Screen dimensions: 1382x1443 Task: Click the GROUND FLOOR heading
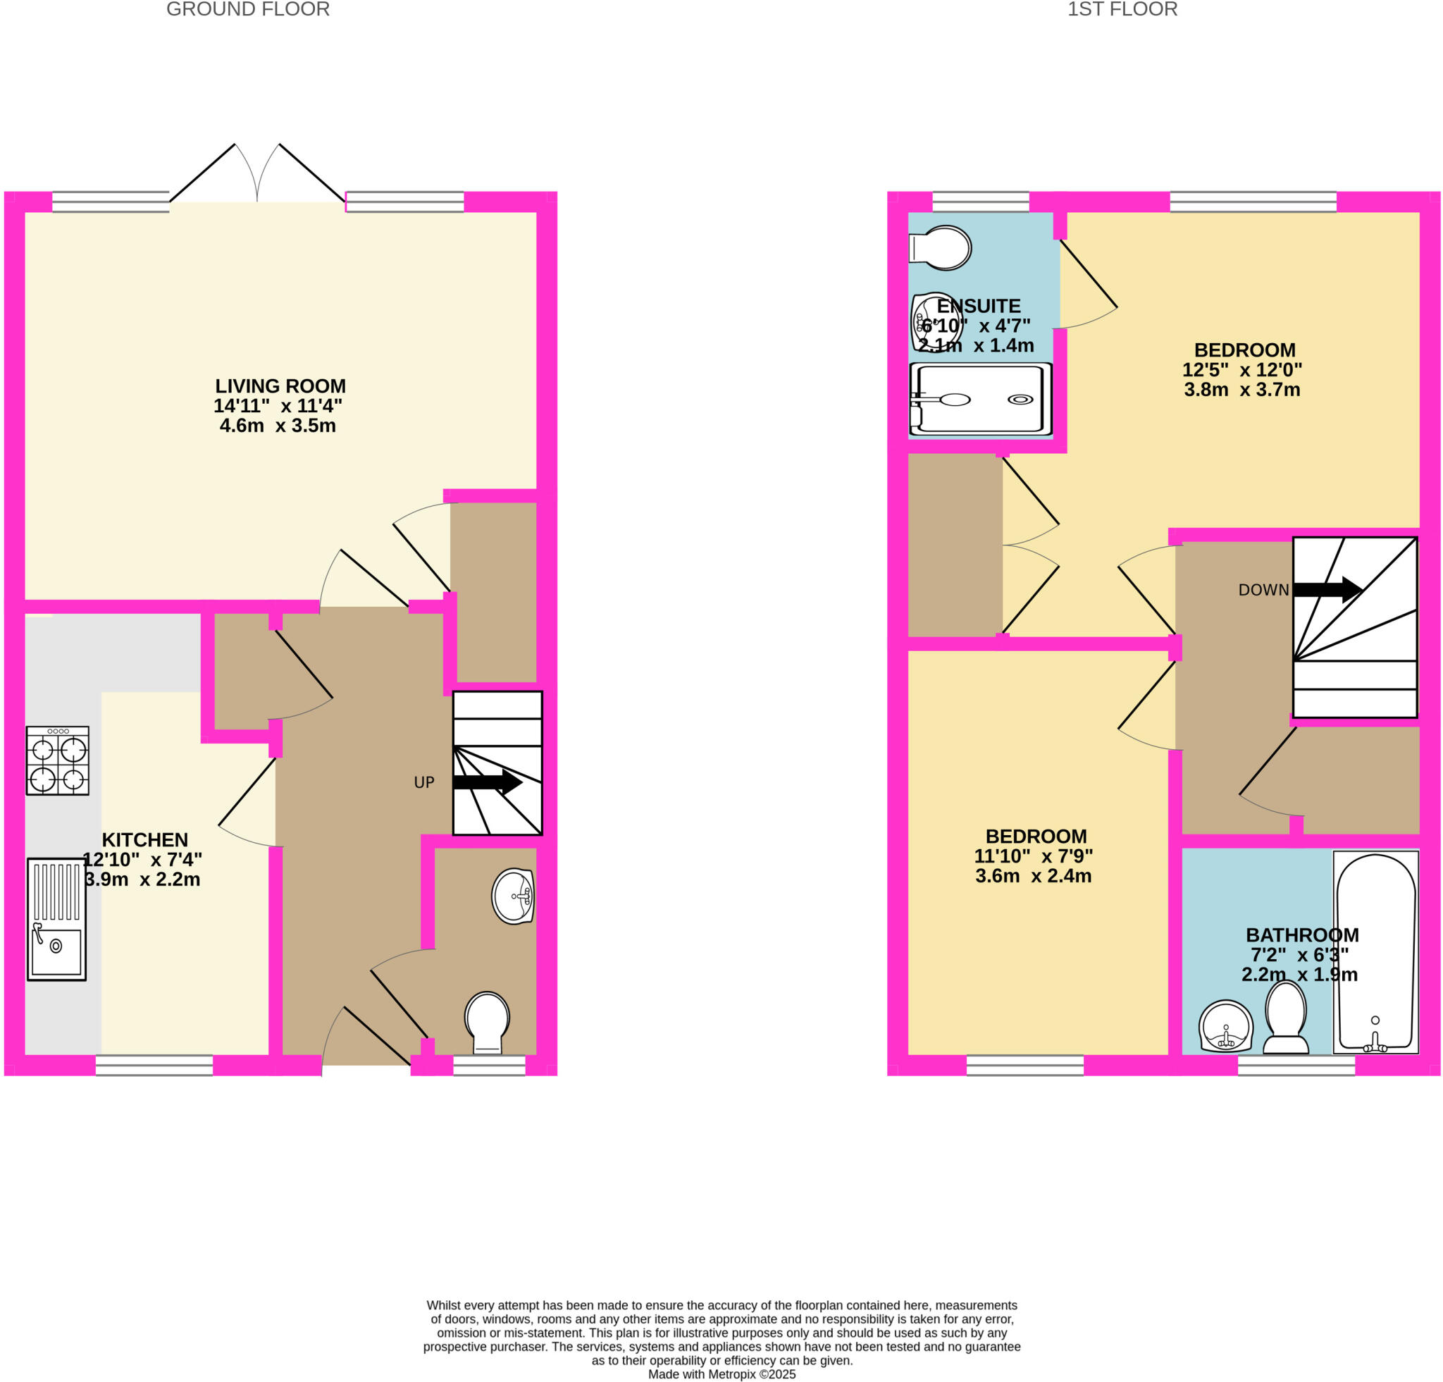point(247,10)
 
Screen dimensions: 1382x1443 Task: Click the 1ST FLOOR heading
point(1122,10)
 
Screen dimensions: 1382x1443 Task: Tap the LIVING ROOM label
point(280,385)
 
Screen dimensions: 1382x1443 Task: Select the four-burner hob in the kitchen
point(58,760)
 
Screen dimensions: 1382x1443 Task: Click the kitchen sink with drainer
point(56,920)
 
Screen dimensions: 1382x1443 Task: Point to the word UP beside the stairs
point(424,783)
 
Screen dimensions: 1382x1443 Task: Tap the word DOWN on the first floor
point(1263,590)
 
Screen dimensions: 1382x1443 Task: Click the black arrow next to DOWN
point(1327,589)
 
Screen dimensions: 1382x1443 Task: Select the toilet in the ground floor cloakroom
point(487,1023)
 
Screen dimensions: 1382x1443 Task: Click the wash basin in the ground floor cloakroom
point(513,896)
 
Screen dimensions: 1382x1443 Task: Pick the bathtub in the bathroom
point(1375,951)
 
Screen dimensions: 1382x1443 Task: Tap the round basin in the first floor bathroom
point(1226,1026)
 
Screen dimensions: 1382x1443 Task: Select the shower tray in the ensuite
point(980,399)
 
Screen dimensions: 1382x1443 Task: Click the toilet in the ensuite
point(941,247)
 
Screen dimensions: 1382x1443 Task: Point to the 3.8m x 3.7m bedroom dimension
point(1241,390)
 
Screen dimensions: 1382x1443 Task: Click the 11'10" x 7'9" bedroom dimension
point(1033,856)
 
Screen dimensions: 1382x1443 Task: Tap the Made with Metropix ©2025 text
point(721,1374)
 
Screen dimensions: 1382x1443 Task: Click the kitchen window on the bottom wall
point(154,1065)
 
